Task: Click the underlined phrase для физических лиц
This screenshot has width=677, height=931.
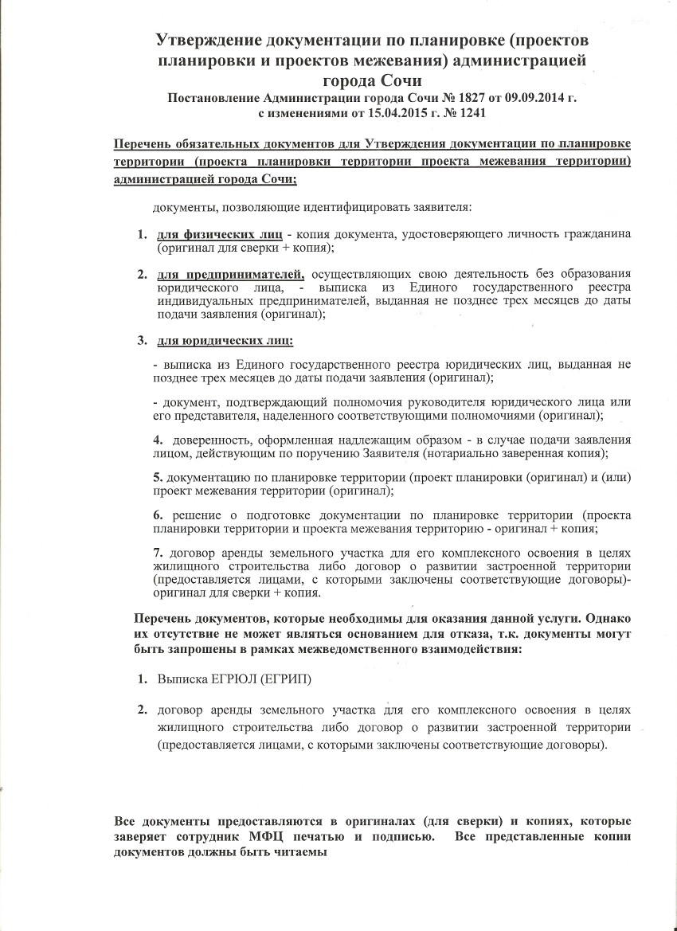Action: point(219,235)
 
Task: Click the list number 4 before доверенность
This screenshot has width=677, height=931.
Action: point(158,440)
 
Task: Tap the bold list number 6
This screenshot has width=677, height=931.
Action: point(158,515)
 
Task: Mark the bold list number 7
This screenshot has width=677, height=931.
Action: point(158,554)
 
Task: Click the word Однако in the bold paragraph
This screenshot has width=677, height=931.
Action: point(605,619)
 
